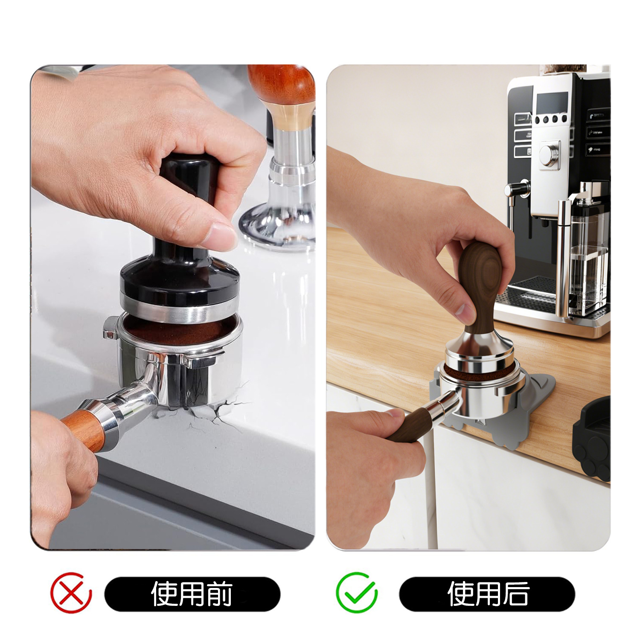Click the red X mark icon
click(71, 593)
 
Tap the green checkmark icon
click(356, 592)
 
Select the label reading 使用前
click(192, 593)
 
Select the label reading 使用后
click(488, 593)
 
